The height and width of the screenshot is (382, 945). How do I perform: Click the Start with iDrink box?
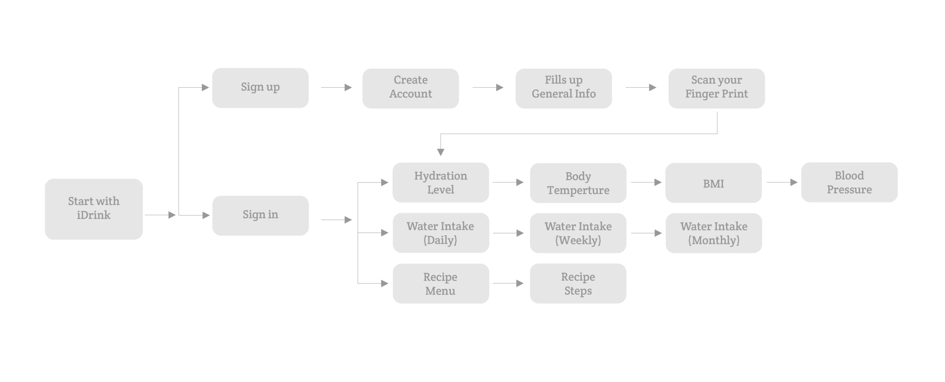[x=94, y=209]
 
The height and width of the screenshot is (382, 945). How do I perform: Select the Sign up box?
[x=260, y=88]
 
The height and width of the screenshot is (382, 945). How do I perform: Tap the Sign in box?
[x=260, y=215]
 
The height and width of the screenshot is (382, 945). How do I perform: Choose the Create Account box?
[x=410, y=88]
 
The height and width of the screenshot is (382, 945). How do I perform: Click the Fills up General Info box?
[x=564, y=88]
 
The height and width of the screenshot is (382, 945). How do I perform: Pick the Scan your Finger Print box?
[x=717, y=88]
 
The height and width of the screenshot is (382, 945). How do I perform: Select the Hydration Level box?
[x=441, y=183]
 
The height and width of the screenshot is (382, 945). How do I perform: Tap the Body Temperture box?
[x=578, y=183]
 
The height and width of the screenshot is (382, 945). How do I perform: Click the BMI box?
[x=714, y=183]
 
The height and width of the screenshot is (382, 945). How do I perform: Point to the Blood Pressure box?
[x=849, y=182]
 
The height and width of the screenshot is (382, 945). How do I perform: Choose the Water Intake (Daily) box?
[x=441, y=233]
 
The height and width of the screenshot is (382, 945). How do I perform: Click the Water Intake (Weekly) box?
[x=578, y=233]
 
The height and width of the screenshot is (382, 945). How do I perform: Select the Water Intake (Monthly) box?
[x=714, y=233]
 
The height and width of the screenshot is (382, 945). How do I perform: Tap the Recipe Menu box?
[x=441, y=284]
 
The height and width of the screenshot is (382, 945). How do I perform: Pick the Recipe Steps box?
[x=578, y=284]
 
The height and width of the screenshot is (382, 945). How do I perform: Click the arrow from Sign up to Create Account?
[x=336, y=87]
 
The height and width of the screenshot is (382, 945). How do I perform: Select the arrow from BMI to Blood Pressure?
[x=782, y=182]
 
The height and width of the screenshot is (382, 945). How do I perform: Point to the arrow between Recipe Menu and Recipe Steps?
[x=508, y=283]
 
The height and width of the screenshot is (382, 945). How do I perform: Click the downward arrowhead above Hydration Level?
[x=440, y=152]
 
